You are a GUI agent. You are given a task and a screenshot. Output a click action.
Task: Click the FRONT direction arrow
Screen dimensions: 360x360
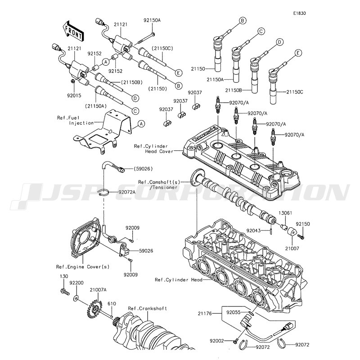73,31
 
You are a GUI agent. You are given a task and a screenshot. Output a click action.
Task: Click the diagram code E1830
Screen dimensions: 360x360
299,13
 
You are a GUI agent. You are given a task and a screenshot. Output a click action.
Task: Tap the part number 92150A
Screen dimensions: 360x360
152,20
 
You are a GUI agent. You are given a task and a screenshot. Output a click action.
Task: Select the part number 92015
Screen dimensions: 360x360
74,95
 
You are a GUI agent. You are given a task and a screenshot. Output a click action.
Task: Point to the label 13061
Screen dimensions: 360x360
285,213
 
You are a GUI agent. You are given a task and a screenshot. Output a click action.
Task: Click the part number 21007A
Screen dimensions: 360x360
98,290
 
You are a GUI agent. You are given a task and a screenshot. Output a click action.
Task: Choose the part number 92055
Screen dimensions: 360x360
233,312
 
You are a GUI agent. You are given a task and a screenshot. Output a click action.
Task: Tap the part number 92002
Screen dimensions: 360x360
217,341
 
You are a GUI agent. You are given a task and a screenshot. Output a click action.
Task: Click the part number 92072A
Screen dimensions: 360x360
127,192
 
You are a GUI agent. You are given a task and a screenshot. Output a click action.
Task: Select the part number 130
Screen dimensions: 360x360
64,276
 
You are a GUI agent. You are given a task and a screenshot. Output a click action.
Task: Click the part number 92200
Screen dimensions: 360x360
76,283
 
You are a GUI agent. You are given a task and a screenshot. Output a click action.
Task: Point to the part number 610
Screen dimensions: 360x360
112,304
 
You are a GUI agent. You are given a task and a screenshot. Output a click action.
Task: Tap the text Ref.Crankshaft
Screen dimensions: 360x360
148,308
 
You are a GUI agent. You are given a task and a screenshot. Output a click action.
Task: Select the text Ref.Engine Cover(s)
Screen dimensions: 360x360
83,267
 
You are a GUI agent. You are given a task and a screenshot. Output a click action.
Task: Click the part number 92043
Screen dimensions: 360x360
253,230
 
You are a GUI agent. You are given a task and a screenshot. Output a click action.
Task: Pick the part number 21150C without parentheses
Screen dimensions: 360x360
295,92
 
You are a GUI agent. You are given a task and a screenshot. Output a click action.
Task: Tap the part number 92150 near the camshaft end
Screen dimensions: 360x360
302,224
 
